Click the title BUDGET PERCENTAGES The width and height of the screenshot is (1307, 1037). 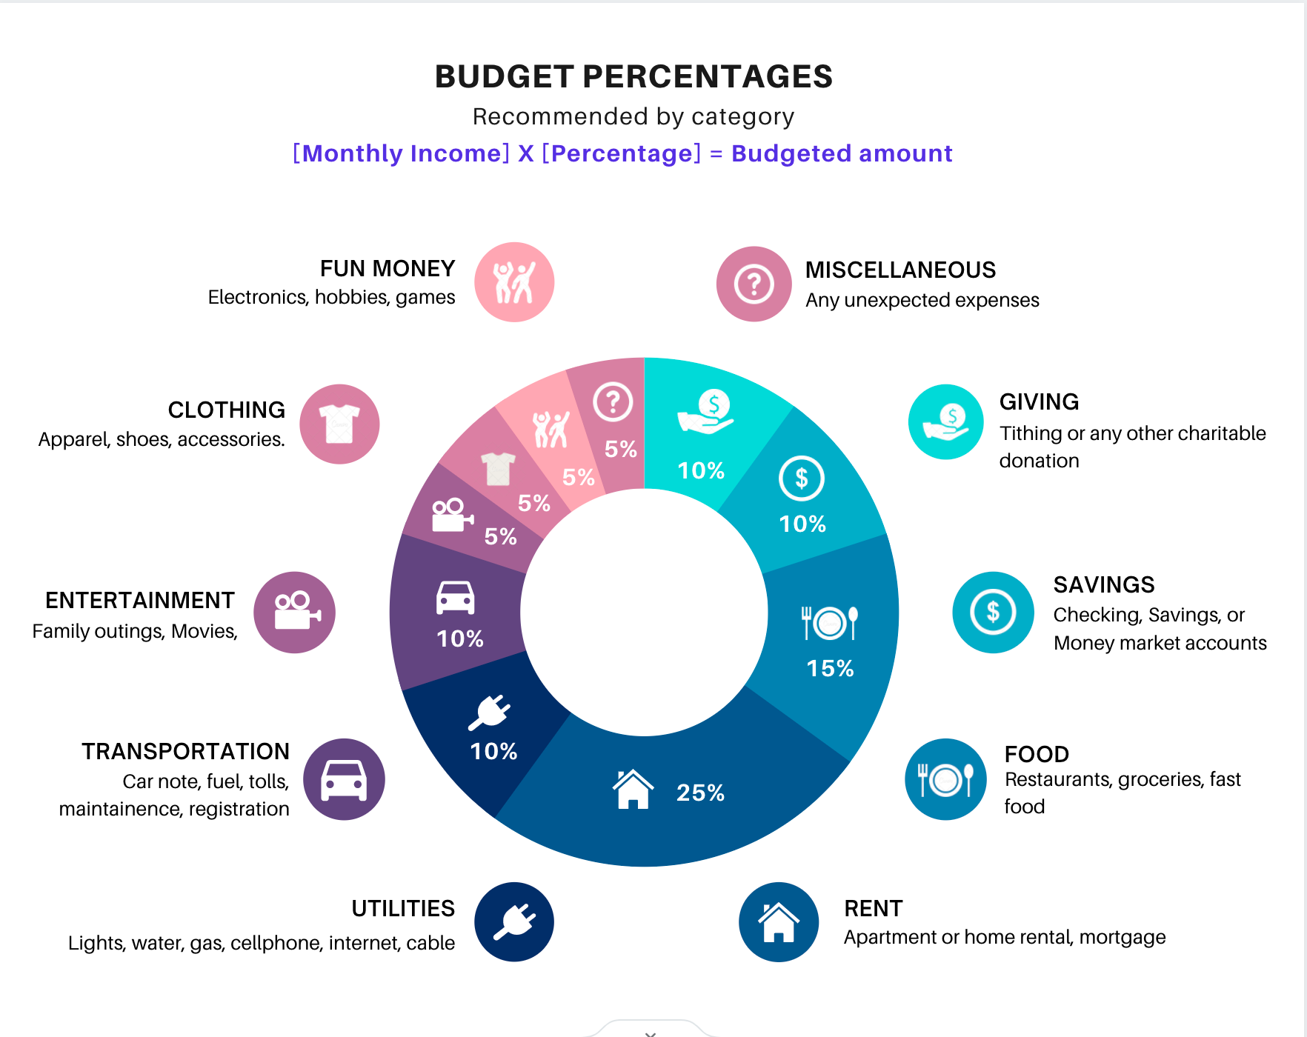tap(633, 77)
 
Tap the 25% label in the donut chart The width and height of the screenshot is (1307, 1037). tap(700, 793)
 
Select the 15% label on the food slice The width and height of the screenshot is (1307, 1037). tap(830, 668)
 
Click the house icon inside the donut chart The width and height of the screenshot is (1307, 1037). tap(633, 790)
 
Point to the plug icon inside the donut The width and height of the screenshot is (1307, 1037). tap(490, 713)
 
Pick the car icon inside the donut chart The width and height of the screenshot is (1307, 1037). tap(455, 598)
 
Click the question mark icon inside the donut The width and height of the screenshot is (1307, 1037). tap(613, 402)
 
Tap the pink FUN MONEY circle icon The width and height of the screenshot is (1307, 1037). tap(514, 282)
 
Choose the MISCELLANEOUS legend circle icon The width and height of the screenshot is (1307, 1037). tap(754, 284)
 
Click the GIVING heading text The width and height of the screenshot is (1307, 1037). tap(1039, 401)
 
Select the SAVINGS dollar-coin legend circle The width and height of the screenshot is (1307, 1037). tap(993, 613)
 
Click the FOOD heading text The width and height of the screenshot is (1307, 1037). tap(1037, 754)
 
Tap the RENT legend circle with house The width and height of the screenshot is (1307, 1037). tap(778, 922)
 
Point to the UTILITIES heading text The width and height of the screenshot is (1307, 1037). tap(403, 908)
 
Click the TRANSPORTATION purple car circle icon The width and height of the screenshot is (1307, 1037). tap(344, 779)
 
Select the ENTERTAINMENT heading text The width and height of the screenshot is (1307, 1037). tap(140, 600)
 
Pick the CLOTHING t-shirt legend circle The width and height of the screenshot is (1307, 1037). tap(339, 424)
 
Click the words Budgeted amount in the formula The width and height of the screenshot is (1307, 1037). tap(842, 153)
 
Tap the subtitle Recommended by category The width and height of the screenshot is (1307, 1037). tap(633, 116)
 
